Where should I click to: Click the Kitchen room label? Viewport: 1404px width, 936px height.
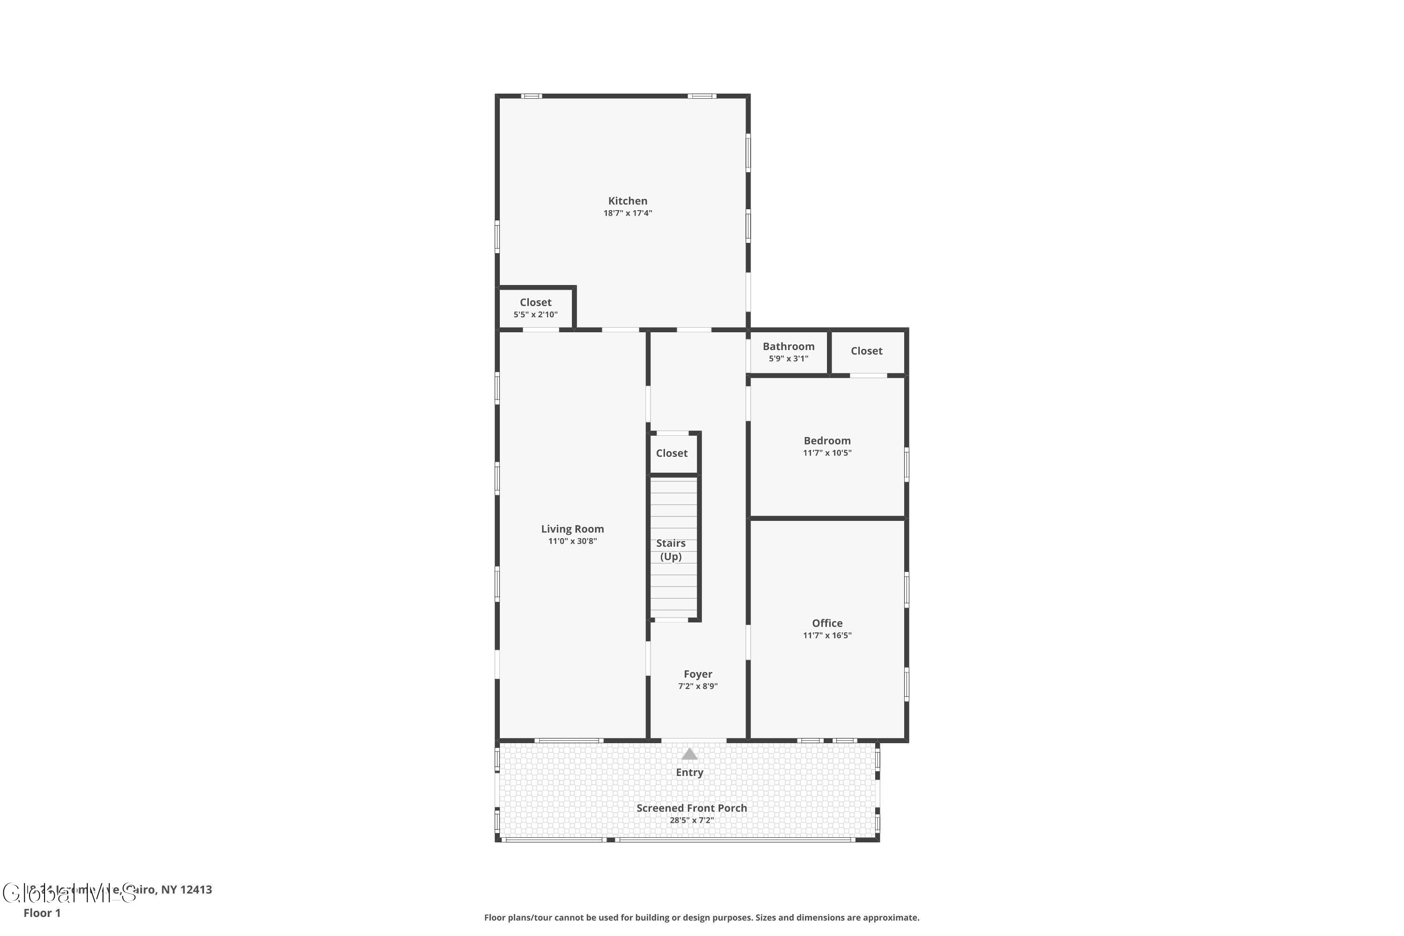[628, 201]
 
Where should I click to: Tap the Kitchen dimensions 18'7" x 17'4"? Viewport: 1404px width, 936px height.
[628, 213]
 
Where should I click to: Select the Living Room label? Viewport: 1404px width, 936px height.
[572, 529]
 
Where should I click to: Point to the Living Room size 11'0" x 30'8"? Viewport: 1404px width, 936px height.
[572, 541]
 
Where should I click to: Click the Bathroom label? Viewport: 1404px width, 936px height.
[788, 346]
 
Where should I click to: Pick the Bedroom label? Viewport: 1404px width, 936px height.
[827, 440]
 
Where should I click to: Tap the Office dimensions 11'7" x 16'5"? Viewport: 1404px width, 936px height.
[827, 635]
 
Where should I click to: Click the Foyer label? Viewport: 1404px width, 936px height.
[697, 674]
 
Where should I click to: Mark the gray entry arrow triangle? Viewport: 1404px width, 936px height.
[689, 754]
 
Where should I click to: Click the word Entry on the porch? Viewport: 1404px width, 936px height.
[689, 773]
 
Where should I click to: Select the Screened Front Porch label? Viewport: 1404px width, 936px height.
[691, 808]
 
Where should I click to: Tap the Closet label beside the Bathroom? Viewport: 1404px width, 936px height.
[866, 351]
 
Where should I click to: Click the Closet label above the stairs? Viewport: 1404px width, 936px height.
[672, 453]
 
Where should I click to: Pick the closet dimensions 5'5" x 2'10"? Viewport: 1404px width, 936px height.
[535, 314]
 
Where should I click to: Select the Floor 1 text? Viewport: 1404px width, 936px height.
[42, 913]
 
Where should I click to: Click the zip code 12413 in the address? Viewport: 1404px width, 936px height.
[196, 890]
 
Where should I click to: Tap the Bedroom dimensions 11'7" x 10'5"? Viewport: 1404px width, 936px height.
[827, 453]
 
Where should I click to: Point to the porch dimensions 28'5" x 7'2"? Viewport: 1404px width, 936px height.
[691, 820]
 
